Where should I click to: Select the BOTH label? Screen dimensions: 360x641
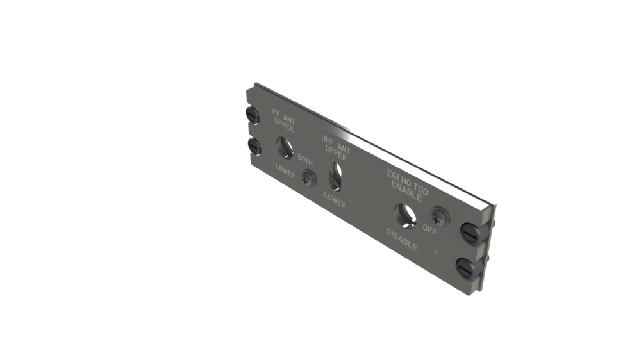[305, 163]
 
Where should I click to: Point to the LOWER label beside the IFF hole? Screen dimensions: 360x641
[285, 171]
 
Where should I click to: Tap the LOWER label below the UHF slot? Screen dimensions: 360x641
[334, 200]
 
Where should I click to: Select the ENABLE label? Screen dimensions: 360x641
[406, 193]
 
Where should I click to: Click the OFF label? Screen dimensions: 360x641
[429, 230]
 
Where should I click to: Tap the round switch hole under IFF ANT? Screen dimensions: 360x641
[284, 148]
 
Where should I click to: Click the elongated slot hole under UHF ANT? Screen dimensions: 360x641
[334, 176]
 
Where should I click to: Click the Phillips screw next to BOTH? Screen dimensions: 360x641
[308, 179]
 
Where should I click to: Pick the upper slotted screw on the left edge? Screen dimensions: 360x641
[253, 115]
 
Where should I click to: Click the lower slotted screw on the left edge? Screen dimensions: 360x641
[254, 147]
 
